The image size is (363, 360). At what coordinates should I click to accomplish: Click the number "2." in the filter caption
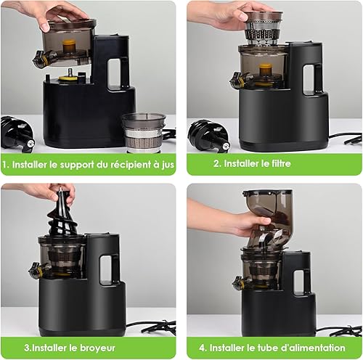click(x=217, y=163)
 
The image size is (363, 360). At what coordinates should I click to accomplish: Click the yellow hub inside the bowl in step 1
click(x=70, y=46)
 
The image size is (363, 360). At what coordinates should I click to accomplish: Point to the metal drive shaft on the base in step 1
click(x=70, y=72)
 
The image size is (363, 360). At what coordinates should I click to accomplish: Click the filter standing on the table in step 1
click(x=144, y=133)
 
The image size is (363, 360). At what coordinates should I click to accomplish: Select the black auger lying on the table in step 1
click(x=17, y=134)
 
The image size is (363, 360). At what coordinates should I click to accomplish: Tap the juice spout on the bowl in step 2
click(x=240, y=79)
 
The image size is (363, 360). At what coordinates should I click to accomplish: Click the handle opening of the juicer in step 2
click(x=309, y=79)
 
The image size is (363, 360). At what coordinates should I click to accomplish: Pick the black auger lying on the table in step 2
click(x=208, y=136)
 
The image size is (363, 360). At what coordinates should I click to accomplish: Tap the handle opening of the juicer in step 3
click(x=105, y=269)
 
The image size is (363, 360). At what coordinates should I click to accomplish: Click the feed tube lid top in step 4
click(x=267, y=193)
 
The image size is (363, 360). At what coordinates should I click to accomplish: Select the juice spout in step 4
click(x=242, y=282)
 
